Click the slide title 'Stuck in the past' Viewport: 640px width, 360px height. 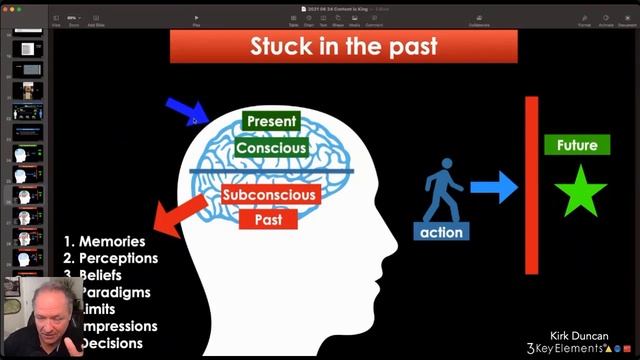point(343,47)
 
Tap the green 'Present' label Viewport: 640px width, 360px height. point(270,122)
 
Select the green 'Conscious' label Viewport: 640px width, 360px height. point(270,148)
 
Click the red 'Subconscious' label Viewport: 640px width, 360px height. point(269,194)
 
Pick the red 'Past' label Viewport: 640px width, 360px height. point(269,216)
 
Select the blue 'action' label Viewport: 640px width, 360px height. point(441,232)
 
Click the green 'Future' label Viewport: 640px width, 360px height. point(577,145)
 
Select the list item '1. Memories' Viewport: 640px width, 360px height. point(104,241)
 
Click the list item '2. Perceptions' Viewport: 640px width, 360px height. point(110,258)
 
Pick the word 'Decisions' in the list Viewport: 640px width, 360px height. point(111,343)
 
